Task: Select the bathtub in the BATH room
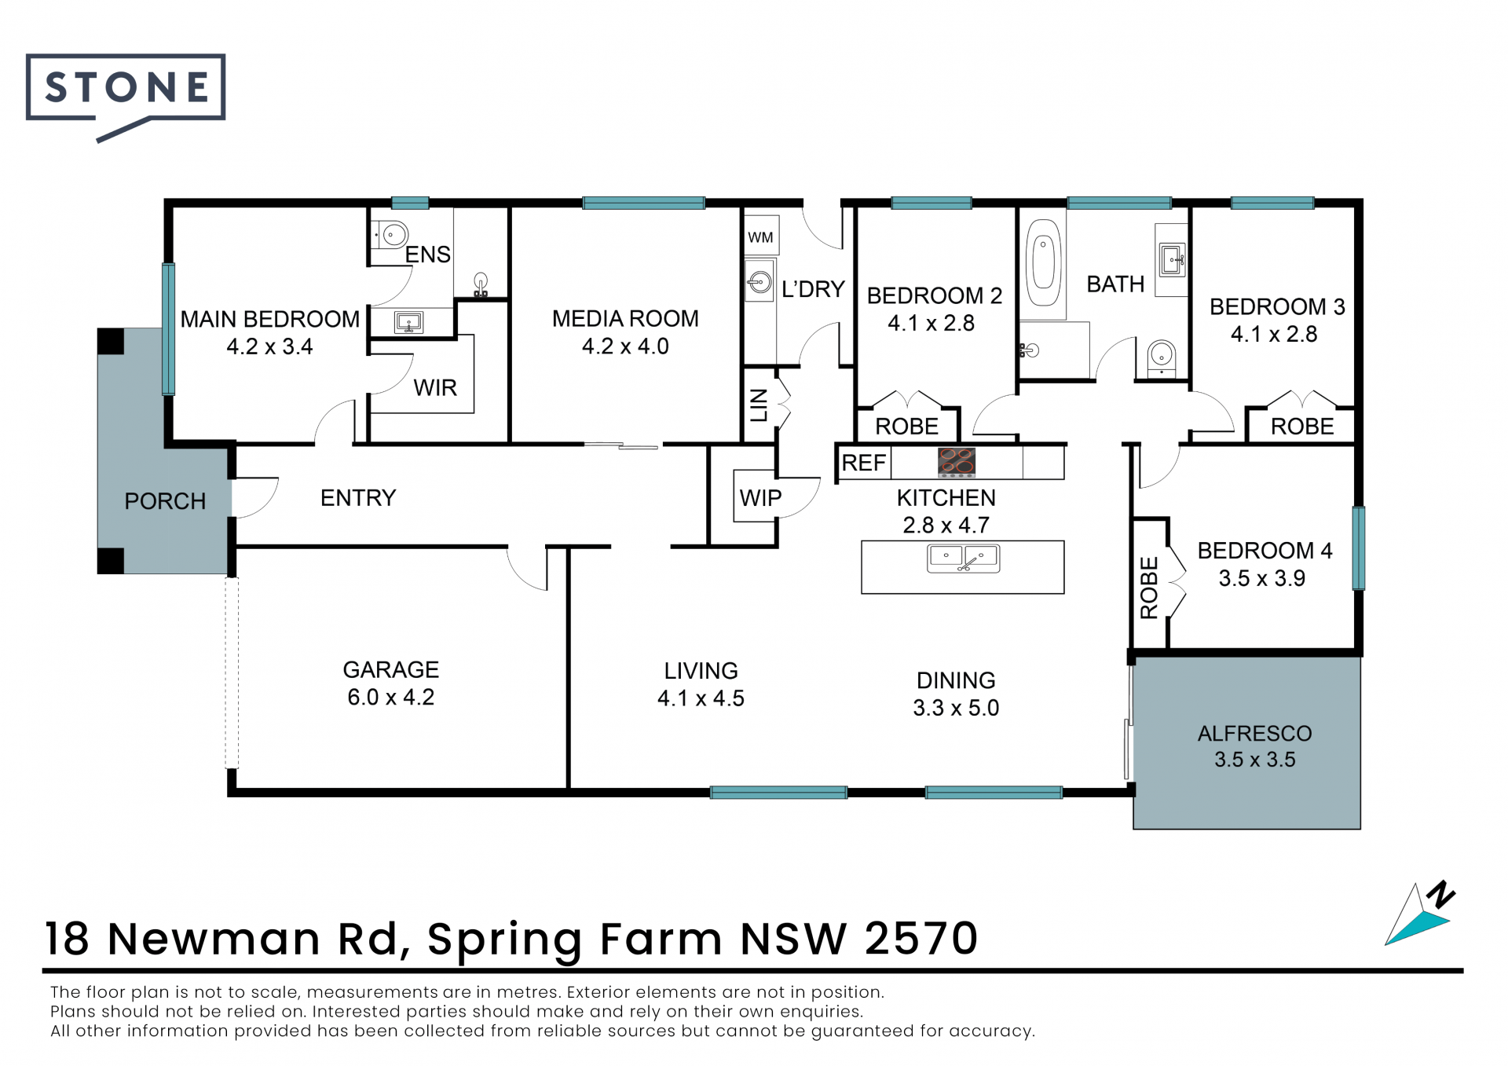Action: (x=1043, y=262)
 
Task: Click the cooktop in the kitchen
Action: (x=956, y=463)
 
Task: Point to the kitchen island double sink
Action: (x=963, y=559)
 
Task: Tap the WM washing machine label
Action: (x=760, y=237)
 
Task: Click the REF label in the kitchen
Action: (x=863, y=463)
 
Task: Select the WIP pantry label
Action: (x=760, y=497)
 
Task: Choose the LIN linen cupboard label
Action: (x=759, y=405)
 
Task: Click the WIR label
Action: (x=435, y=387)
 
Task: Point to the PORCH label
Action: (x=165, y=501)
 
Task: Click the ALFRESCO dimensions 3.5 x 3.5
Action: (x=1254, y=760)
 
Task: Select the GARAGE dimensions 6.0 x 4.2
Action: (x=390, y=697)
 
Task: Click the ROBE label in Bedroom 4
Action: (x=1149, y=588)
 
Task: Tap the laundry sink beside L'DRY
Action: (x=759, y=282)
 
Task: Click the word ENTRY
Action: (x=358, y=497)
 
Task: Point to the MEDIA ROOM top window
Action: (x=643, y=203)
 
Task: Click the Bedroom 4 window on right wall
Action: (x=1358, y=548)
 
